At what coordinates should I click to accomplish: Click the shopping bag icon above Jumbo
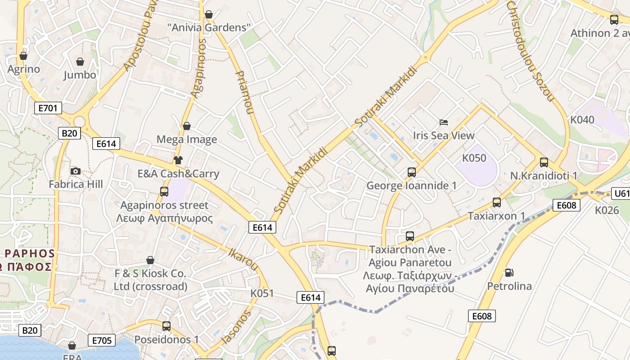tap(80, 62)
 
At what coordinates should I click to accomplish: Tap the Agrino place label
tap(23, 69)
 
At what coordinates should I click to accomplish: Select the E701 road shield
tap(48, 108)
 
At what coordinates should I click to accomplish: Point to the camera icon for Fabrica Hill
tap(76, 171)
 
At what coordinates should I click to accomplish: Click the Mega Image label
tap(186, 139)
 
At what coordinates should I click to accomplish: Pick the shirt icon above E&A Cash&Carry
tap(178, 160)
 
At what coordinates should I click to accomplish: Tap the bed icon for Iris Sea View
tap(444, 122)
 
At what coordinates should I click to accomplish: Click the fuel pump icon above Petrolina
tap(509, 272)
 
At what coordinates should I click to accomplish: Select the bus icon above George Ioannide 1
tap(411, 172)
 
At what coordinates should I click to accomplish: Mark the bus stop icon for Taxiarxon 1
tap(496, 202)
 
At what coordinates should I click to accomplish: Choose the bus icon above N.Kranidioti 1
tap(544, 162)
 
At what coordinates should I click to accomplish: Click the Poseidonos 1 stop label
tap(166, 339)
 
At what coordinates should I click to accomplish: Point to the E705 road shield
tap(101, 340)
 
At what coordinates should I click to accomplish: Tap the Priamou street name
tap(243, 92)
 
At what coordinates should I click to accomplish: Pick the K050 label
tap(474, 158)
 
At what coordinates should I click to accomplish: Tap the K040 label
tap(582, 120)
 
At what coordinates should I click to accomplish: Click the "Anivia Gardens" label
tap(208, 27)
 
